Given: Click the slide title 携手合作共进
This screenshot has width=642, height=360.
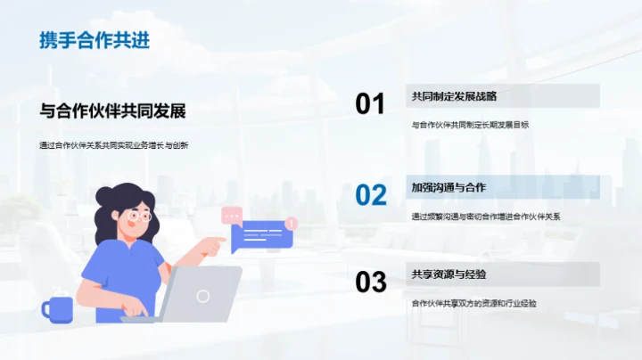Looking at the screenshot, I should click(95, 41).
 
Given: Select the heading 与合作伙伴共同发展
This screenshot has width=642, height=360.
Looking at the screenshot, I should click(113, 111).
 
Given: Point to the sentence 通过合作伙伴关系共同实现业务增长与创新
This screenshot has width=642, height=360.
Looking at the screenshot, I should click(113, 146).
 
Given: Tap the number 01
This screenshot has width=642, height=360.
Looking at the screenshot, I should click(370, 104).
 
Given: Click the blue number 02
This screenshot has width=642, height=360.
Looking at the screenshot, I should click(370, 194).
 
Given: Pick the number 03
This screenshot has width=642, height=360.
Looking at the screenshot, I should click(370, 282).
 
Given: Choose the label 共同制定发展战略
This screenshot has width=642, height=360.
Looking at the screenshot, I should click(454, 96).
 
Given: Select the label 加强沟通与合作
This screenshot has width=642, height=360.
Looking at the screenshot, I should click(448, 187).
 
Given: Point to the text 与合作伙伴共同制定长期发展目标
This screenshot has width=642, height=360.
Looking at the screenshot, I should click(470, 125).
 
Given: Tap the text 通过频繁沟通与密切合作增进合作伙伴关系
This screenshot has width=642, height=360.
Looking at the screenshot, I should click(484, 216).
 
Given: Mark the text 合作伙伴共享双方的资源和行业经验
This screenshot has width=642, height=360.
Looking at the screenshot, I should click(473, 303).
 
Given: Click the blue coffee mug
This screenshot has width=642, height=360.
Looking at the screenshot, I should click(58, 308).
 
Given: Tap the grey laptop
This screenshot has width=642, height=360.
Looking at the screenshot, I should click(202, 295).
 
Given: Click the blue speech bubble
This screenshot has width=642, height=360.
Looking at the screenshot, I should click(261, 234).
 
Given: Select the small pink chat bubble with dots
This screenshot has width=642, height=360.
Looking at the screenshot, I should click(232, 214).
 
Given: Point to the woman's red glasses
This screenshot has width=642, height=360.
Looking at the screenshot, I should click(140, 215).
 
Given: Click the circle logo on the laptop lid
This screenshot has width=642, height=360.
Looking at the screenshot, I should click(203, 295).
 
